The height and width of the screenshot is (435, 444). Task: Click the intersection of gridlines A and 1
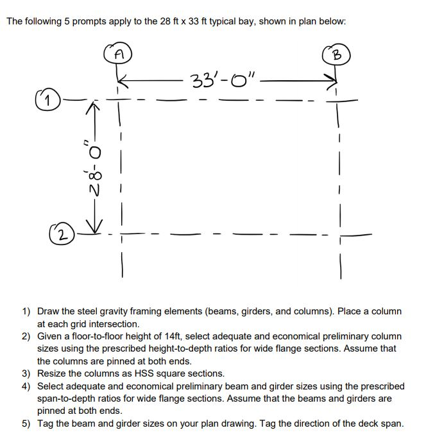(x=119, y=100)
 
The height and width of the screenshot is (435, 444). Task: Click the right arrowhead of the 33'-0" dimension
(x=332, y=80)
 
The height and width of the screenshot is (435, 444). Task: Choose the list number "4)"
(x=26, y=386)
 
